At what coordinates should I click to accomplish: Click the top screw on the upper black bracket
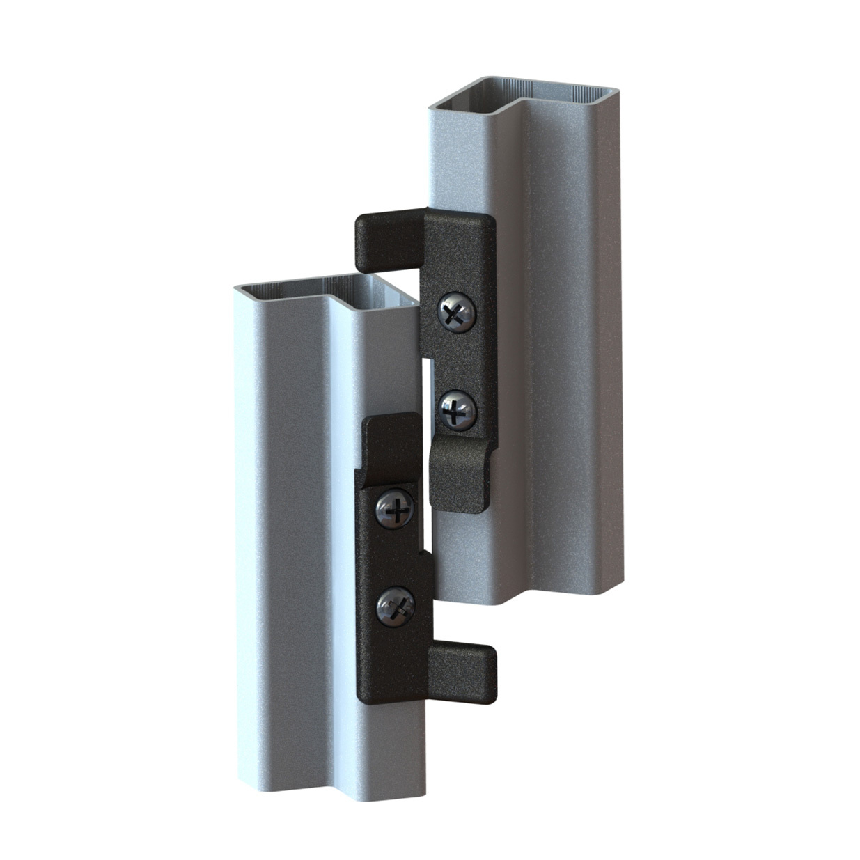click(457, 313)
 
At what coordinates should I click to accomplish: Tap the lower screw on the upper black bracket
click(458, 408)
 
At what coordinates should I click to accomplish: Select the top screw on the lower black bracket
click(395, 508)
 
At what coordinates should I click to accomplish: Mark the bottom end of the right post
click(529, 592)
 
